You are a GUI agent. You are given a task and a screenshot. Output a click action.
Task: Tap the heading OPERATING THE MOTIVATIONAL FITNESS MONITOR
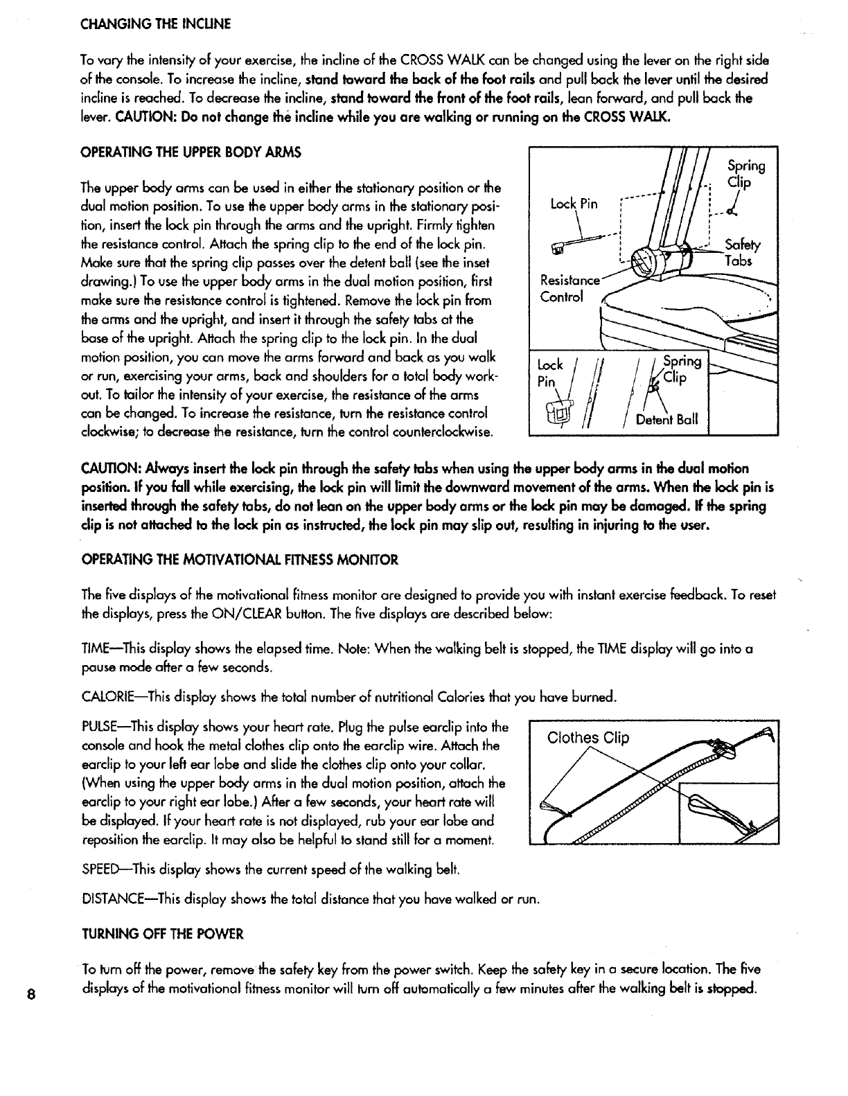240,560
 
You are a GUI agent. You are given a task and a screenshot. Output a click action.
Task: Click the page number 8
23,993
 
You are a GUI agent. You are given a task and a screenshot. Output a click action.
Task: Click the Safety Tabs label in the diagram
741,253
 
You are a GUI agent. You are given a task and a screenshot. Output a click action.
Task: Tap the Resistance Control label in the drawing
569,289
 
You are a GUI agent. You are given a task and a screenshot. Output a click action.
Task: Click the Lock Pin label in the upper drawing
573,204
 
